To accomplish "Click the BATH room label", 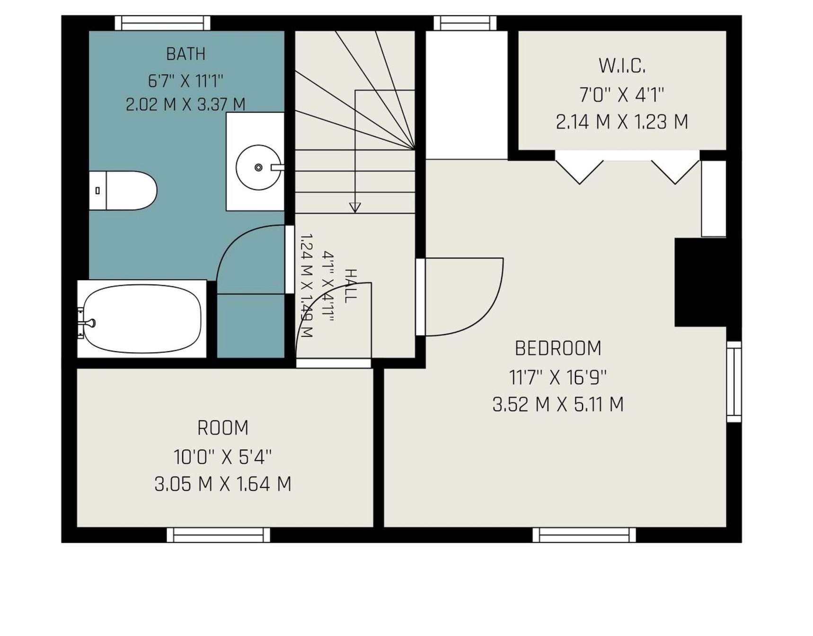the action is click(x=186, y=54).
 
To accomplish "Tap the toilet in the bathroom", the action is click(x=123, y=190).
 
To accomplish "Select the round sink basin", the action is click(x=258, y=168).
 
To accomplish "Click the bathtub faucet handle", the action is click(x=88, y=323).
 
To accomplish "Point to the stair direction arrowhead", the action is click(x=355, y=207).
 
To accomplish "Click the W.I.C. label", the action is click(x=622, y=66).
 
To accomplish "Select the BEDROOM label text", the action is click(x=558, y=348).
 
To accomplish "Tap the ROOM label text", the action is click(x=223, y=428).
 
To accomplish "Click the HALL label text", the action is click(x=350, y=286).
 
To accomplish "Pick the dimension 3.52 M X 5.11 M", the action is click(x=558, y=405).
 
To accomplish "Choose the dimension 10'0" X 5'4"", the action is click(x=223, y=457).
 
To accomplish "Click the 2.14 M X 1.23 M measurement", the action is click(x=622, y=122).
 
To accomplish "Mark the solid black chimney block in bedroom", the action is click(x=700, y=282).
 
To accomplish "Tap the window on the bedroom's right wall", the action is click(x=734, y=381).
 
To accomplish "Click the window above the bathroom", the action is click(x=163, y=23).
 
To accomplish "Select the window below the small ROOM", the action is click(x=218, y=535).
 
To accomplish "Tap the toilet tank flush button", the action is click(x=97, y=190).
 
